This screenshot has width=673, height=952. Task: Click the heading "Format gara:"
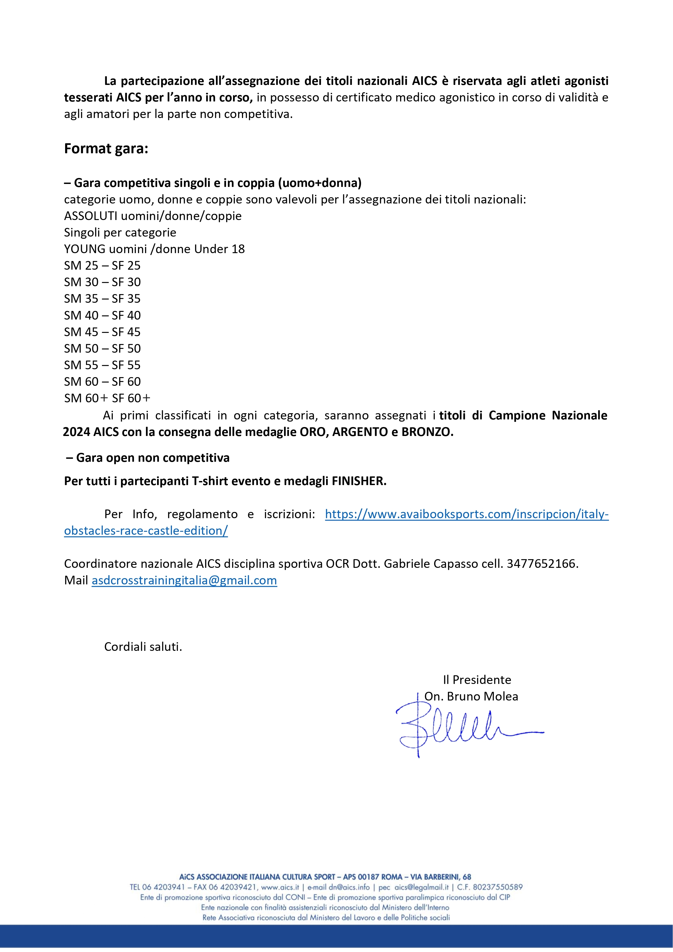click(106, 148)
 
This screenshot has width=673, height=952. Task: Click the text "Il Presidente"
click(477, 680)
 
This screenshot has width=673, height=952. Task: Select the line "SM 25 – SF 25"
click(102, 265)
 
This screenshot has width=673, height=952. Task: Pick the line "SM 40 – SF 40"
click(102, 315)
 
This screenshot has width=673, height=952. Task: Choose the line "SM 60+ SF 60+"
click(107, 398)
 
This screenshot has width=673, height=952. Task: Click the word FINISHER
click(359, 481)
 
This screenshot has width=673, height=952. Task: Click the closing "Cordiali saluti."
click(143, 647)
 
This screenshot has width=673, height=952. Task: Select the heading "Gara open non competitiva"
click(153, 458)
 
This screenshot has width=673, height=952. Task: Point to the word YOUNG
click(85, 249)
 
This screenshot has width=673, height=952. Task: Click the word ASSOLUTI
click(91, 216)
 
